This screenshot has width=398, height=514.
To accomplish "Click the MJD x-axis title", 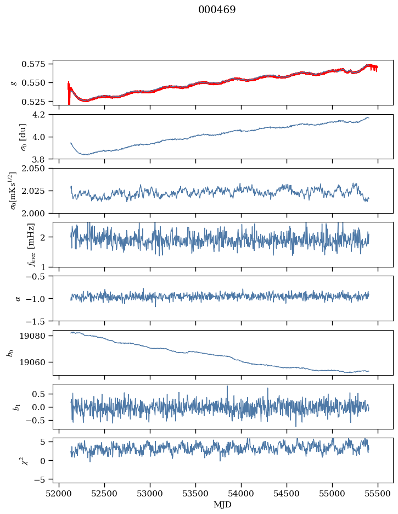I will [x=222, y=504].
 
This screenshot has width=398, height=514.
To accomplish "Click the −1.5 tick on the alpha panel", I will [x=40, y=320].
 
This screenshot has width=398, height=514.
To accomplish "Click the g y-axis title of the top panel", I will [x=13, y=82].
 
